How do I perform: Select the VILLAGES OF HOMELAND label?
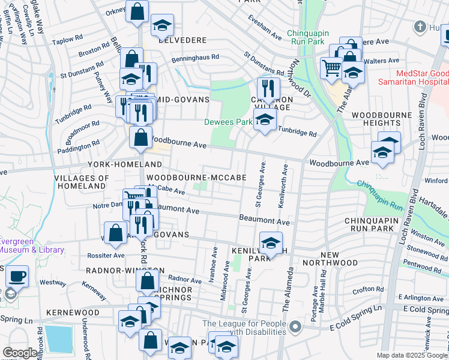point(82,182)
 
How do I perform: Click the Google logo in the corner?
point(20,353)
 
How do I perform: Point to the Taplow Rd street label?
point(67,40)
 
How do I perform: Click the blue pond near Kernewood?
point(58,339)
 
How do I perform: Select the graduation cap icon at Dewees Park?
point(265,119)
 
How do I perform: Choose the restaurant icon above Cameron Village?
point(268,88)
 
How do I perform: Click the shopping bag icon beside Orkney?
point(137,11)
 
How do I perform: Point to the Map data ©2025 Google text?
point(412,355)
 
